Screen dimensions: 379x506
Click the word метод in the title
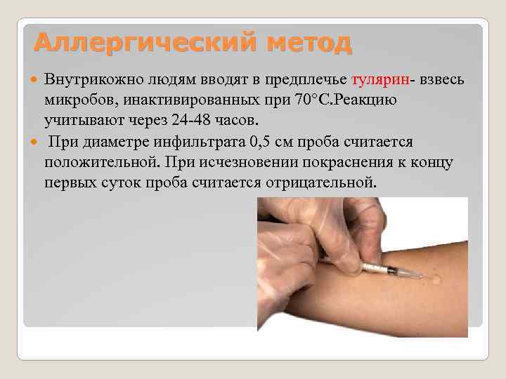[x=304, y=44]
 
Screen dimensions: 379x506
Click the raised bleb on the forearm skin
[x=436, y=279]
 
